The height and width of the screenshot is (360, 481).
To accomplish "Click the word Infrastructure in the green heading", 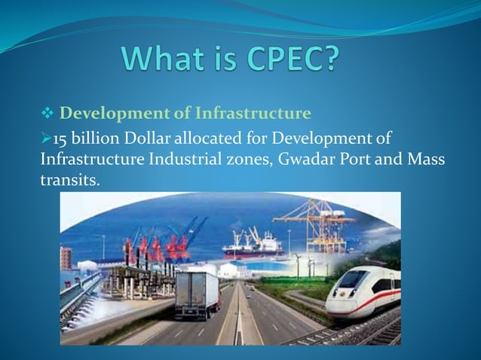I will tap(253, 114).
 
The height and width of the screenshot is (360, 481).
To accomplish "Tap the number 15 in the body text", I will tap(60, 136).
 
